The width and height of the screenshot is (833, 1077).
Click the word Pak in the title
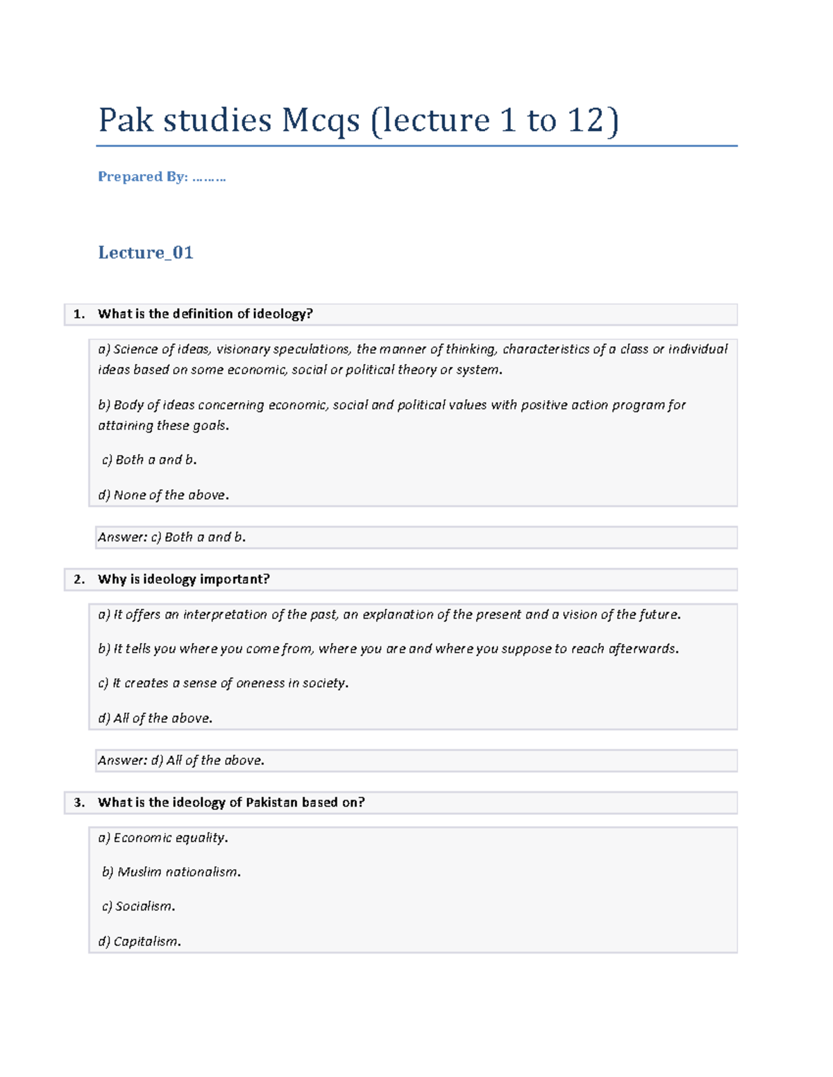126,121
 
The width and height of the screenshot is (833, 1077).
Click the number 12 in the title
584,121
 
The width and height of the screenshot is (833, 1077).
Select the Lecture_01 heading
145,252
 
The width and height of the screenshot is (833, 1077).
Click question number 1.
79,314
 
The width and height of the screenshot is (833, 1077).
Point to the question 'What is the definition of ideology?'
205,314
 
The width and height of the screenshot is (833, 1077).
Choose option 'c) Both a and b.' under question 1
149,460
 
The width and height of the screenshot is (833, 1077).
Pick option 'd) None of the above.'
163,495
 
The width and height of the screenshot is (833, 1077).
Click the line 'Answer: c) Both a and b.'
171,537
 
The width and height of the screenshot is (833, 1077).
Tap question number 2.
79,580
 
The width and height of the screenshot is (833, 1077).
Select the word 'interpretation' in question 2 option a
225,614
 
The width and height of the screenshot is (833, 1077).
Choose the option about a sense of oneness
223,683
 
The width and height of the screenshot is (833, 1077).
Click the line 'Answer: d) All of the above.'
180,761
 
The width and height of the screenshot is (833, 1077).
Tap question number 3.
79,803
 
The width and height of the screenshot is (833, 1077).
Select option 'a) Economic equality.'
162,838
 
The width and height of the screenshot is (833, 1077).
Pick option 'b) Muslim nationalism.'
171,872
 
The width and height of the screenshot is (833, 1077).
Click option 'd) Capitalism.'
139,942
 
